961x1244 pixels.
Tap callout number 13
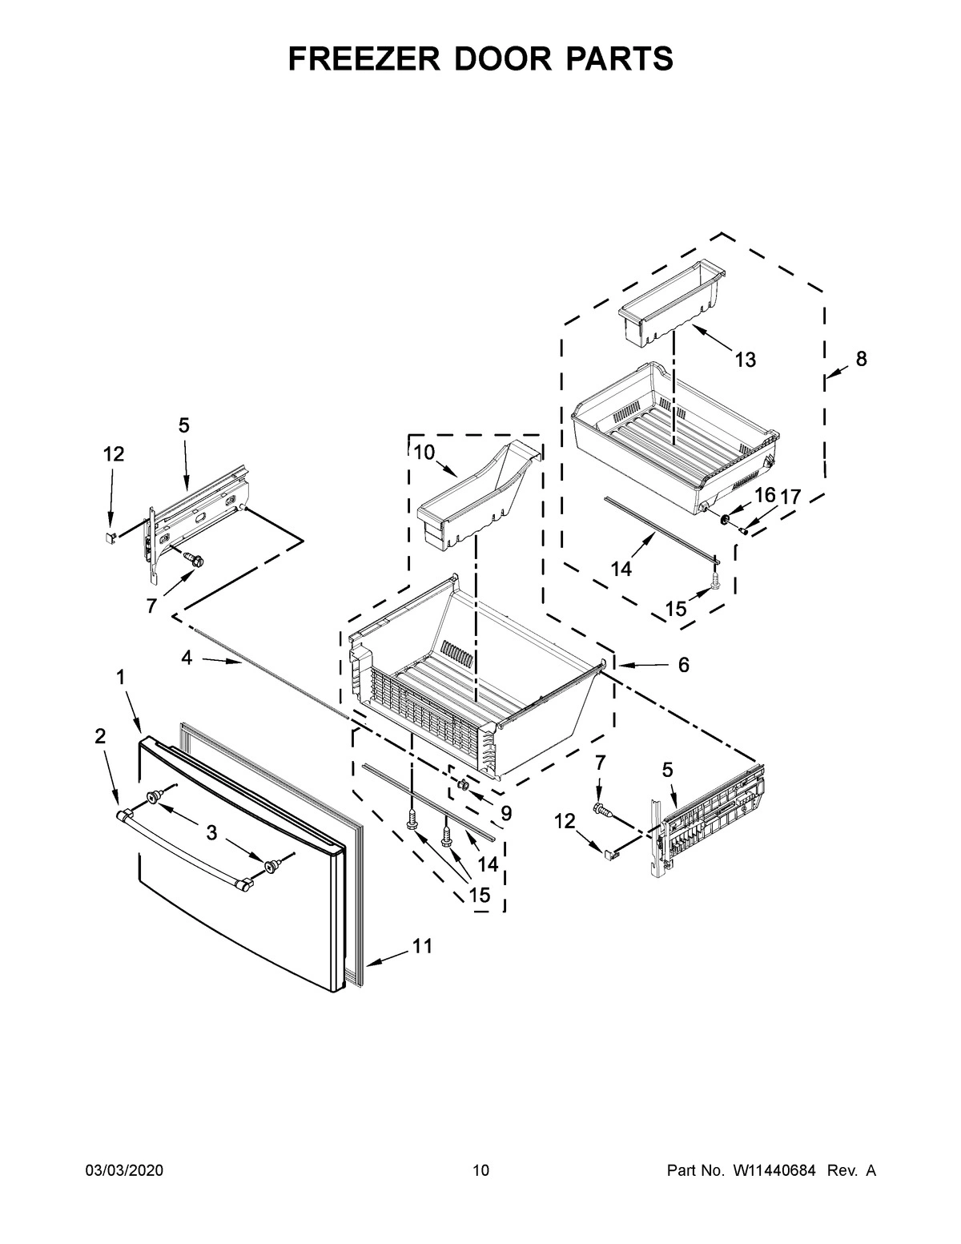(745, 360)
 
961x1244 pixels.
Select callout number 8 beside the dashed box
(861, 360)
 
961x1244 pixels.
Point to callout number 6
(683, 665)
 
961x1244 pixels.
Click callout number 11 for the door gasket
(422, 946)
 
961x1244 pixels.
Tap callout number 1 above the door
(120, 678)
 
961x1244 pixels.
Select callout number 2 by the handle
(100, 736)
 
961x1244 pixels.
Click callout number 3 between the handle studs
(211, 833)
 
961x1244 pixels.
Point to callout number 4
(187, 658)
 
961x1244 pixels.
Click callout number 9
(505, 813)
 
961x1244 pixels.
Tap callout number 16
(765, 495)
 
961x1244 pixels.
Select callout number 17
(790, 497)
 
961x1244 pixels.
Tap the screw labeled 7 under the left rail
(192, 558)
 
